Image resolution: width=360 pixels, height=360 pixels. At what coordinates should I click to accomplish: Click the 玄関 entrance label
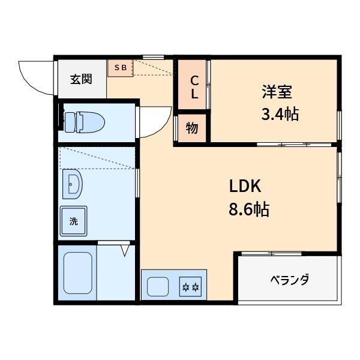80,79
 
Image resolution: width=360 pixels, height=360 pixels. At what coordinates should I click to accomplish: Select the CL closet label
194,87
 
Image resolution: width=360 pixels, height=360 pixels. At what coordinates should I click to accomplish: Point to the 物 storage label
192,128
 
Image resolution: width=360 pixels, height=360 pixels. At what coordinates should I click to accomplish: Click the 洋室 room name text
277,93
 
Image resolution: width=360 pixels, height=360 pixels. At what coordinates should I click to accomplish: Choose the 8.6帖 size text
248,209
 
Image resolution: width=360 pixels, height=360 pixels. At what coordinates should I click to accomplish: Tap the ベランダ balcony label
289,280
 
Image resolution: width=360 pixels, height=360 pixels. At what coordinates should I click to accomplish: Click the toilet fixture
84,122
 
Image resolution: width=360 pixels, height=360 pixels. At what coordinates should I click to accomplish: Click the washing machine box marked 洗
73,220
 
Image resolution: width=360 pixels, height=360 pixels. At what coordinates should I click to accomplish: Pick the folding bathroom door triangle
125,250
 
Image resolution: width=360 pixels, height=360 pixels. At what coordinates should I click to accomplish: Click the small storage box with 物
192,128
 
